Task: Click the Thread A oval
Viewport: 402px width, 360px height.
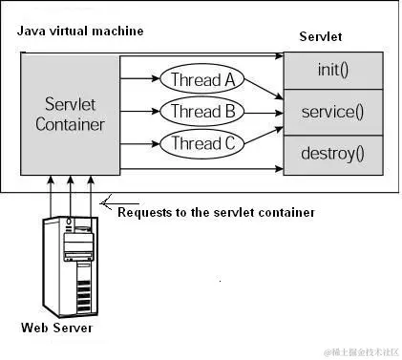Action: coord(202,80)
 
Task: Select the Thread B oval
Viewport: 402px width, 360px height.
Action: coord(202,112)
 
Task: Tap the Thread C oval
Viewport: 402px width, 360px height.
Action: coord(202,144)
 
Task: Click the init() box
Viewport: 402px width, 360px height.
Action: coord(333,71)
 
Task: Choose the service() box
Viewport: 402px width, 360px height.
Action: coord(333,111)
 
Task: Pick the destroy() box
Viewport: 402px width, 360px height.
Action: coord(333,152)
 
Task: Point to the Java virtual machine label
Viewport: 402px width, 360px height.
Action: coord(80,32)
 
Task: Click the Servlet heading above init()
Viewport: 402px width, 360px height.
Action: coord(320,36)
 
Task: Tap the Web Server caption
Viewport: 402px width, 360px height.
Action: coord(57,329)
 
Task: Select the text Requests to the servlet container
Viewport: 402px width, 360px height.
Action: coord(216,212)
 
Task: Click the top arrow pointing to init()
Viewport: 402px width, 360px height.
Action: coord(201,57)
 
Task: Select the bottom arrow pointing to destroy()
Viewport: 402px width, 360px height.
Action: coord(201,170)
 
